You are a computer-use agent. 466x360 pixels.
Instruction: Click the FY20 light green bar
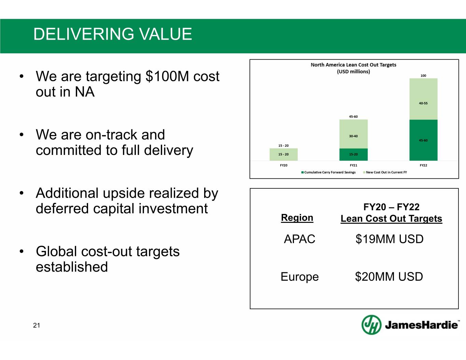tap(283, 154)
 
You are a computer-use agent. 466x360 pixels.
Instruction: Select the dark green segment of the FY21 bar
tap(353, 155)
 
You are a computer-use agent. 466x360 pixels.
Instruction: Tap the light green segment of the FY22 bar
tap(423, 99)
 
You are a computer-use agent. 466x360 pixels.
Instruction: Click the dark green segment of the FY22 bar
tap(423, 140)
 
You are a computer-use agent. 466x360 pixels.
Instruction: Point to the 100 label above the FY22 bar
tap(423, 76)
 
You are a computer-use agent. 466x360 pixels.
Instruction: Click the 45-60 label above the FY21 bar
tap(353, 117)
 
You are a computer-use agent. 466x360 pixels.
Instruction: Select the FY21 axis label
tap(353, 165)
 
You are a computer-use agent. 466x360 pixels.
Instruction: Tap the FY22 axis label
tap(423, 165)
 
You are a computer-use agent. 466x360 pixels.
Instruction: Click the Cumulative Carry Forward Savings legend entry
tap(328, 172)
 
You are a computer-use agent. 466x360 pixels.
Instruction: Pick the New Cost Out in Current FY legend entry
tap(385, 172)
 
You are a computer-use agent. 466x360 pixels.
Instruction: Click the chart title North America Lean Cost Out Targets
tap(353, 65)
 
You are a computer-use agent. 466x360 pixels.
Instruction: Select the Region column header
tap(297, 218)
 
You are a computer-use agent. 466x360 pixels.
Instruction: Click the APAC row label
tap(300, 239)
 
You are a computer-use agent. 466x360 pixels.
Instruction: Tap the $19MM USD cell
tap(390, 239)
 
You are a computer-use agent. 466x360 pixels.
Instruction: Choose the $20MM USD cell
tap(389, 276)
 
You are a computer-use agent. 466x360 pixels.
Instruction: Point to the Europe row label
tap(300, 277)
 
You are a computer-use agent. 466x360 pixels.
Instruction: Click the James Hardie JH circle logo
tap(371, 325)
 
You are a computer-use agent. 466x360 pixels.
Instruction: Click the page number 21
tap(37, 325)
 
